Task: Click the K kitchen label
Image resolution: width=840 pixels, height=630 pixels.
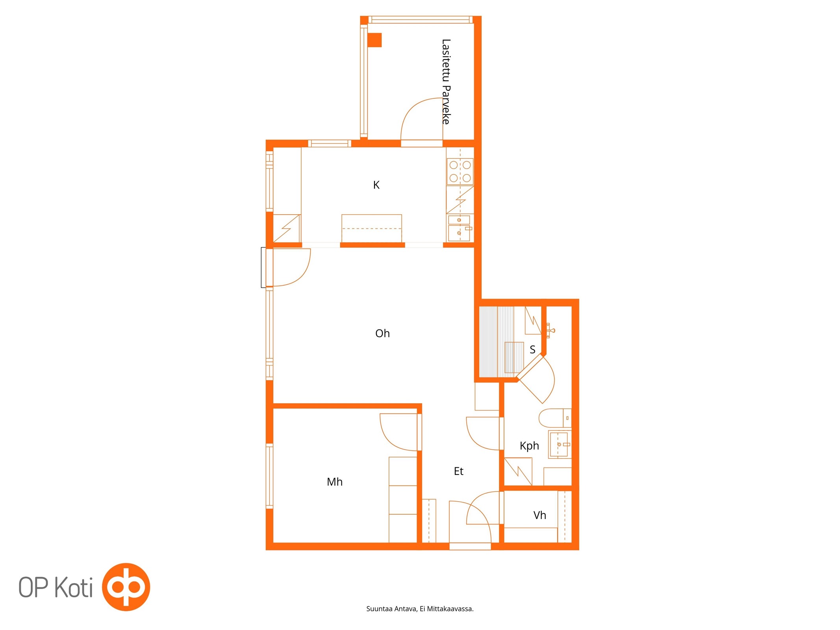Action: (376, 185)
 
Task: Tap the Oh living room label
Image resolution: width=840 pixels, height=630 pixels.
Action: (382, 334)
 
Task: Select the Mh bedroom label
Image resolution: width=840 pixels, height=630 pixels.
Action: (335, 482)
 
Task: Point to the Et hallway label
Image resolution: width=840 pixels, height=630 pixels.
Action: (458, 471)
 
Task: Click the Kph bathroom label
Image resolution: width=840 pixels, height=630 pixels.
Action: (529, 446)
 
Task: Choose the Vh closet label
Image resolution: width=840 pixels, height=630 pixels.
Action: (540, 515)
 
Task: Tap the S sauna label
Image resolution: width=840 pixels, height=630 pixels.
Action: (532, 350)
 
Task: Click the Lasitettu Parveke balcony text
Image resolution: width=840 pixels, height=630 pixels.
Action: (446, 82)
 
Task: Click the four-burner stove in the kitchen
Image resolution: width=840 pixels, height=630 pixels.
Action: (460, 171)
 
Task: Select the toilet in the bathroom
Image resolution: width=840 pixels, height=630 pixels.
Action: (554, 418)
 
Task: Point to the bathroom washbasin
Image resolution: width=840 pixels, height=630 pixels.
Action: (560, 444)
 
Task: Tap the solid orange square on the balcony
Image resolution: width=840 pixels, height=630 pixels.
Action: (375, 40)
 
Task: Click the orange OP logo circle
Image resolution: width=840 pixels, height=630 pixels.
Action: (126, 587)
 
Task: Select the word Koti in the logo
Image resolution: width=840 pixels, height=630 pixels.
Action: (73, 587)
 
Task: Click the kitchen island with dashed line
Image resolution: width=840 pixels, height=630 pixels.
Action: (372, 228)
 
